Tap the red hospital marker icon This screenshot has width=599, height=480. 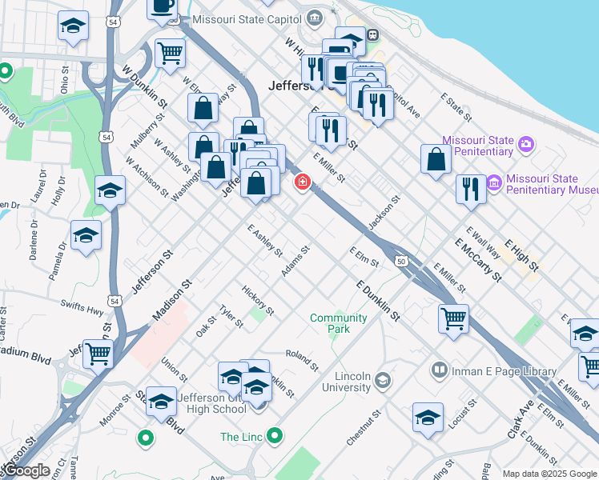(303, 182)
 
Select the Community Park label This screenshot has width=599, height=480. (339, 323)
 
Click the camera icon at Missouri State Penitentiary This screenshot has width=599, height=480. (526, 144)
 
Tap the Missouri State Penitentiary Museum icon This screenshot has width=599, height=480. (493, 184)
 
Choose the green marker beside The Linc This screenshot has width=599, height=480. (275, 436)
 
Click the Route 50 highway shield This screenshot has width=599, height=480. (400, 260)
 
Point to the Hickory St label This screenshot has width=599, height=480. (259, 298)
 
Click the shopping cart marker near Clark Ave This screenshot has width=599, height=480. (453, 318)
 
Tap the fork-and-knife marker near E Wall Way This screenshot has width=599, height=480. (471, 189)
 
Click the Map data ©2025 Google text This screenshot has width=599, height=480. (549, 474)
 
